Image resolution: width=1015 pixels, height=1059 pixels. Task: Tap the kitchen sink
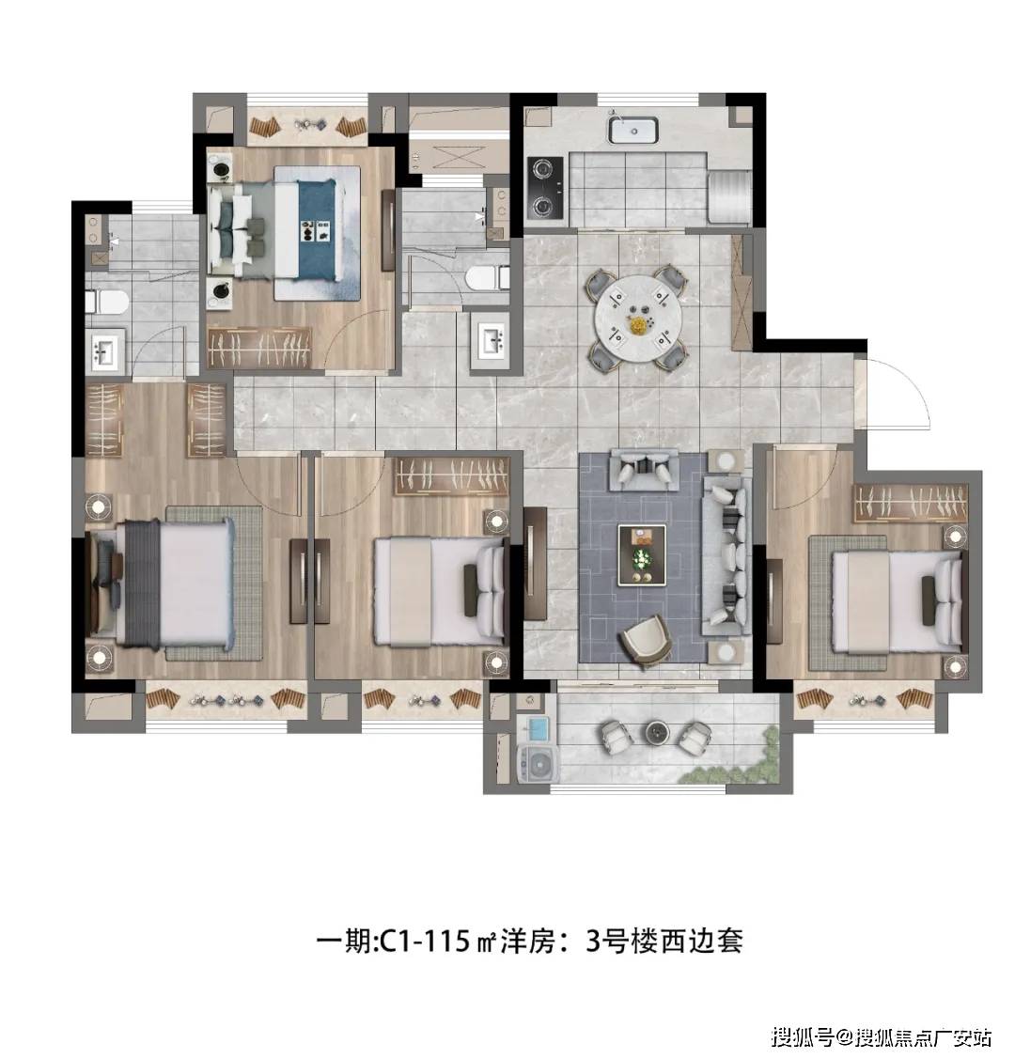(x=632, y=131)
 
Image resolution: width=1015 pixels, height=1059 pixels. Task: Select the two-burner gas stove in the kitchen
(x=545, y=189)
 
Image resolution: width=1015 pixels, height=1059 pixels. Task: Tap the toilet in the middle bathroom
(x=489, y=278)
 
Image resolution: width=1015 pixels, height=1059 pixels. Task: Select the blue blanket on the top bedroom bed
(x=316, y=229)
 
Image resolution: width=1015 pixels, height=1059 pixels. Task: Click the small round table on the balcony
(x=656, y=730)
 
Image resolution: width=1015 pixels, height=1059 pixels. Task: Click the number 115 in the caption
(x=445, y=941)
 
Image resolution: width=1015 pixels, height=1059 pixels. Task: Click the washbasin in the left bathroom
(x=104, y=351)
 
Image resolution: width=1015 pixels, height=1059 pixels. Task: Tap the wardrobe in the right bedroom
(x=911, y=503)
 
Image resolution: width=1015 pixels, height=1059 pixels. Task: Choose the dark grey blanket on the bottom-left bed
(x=140, y=584)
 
